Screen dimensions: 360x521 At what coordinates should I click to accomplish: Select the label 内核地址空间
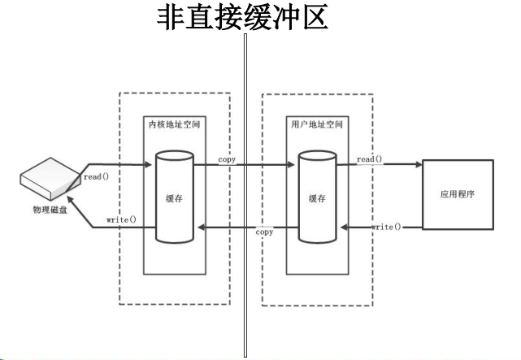173,126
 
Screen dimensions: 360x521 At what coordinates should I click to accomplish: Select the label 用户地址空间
316,126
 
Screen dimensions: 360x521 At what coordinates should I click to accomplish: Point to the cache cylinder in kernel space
173,197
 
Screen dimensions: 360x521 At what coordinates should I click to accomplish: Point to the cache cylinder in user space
316,197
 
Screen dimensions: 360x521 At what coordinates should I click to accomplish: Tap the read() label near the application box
369,159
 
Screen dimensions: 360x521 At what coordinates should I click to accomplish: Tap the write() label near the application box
387,227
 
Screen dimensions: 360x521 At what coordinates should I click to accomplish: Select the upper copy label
228,159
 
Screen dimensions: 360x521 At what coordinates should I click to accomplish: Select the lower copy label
264,232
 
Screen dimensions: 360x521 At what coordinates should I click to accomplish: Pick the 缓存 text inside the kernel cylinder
173,198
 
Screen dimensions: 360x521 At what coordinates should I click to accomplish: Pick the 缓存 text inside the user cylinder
316,198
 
